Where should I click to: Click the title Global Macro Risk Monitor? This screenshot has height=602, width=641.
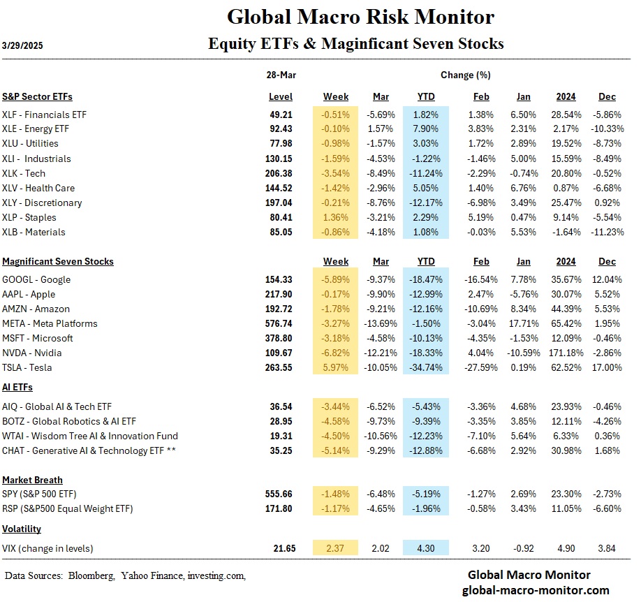360,17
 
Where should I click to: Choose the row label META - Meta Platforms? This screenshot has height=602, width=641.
50,323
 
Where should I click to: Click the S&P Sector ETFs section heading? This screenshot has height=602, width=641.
37,96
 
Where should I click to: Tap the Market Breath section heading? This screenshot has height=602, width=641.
32,480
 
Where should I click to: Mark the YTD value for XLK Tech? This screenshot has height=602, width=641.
425,173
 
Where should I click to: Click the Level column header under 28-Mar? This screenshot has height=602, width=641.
280,96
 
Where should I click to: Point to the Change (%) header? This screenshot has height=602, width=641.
465,74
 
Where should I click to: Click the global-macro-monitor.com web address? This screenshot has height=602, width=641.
529,590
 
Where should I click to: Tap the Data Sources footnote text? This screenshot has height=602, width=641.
126,575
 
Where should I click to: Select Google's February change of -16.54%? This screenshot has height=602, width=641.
480,279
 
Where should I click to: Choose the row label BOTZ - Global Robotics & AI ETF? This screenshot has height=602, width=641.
69,421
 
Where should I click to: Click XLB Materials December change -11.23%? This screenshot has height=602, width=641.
606,232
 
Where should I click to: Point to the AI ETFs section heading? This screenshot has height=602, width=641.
17,387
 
